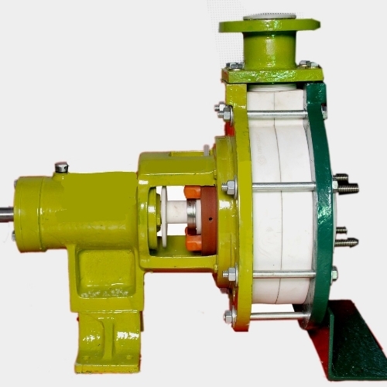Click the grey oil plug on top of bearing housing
coord(61,167)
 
